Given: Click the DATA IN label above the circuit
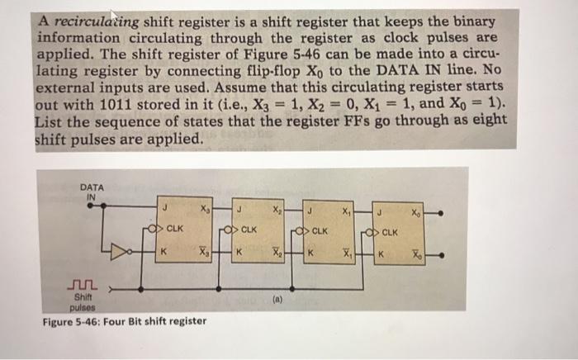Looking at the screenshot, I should [92, 192].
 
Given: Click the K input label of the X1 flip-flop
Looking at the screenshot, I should [311, 252].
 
